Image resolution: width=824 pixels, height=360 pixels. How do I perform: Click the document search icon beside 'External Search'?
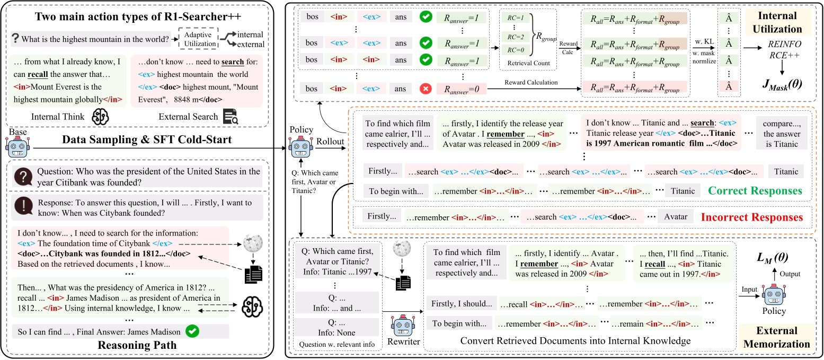(231, 117)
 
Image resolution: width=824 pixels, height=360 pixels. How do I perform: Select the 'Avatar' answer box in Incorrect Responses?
(676, 216)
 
